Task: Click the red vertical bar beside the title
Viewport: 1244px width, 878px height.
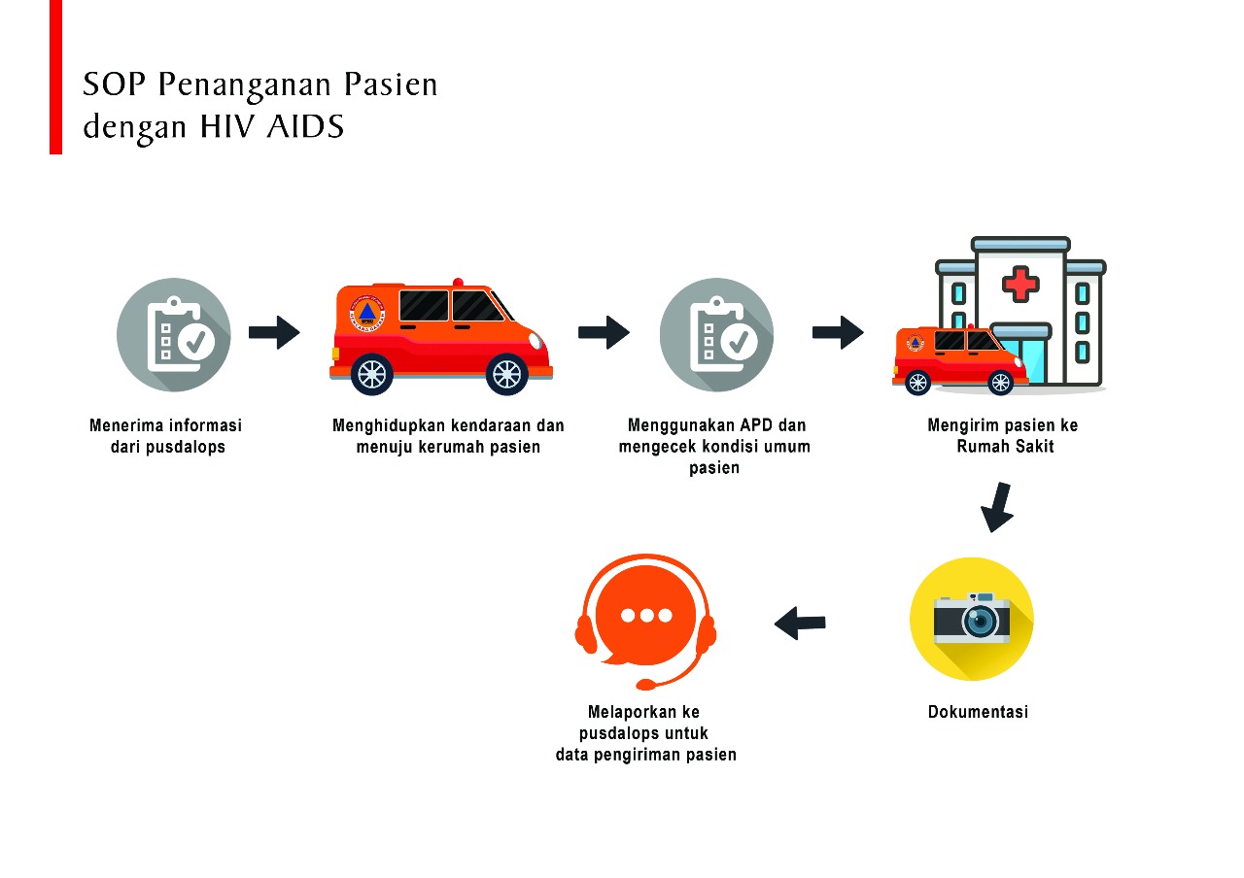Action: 55,77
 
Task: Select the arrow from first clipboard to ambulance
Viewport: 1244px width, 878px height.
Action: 274,332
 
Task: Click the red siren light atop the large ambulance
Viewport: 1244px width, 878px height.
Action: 458,283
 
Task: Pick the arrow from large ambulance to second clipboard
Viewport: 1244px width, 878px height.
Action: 604,332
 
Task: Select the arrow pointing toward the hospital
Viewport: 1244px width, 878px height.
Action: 838,332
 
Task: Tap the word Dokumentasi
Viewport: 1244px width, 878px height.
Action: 978,712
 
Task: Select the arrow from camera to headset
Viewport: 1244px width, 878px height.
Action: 800,623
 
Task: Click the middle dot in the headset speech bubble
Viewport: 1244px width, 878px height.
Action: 645,616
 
